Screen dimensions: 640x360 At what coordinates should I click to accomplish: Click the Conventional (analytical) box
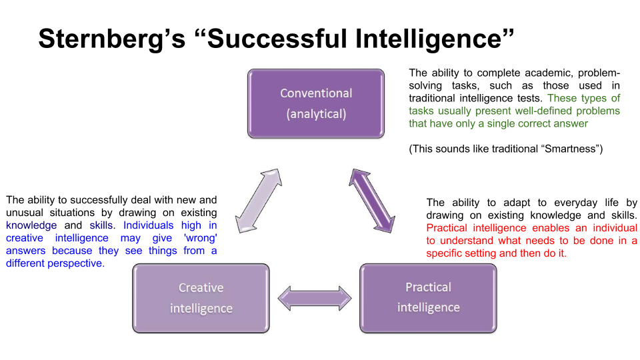(x=316, y=103)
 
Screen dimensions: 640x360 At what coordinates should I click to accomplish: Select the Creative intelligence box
(x=201, y=297)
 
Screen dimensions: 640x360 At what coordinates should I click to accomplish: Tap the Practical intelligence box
(x=428, y=297)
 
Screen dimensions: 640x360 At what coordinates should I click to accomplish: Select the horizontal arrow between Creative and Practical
(x=315, y=297)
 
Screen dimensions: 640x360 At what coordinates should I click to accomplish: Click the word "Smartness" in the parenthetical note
(x=569, y=149)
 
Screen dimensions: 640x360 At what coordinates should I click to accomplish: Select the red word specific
(x=447, y=253)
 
